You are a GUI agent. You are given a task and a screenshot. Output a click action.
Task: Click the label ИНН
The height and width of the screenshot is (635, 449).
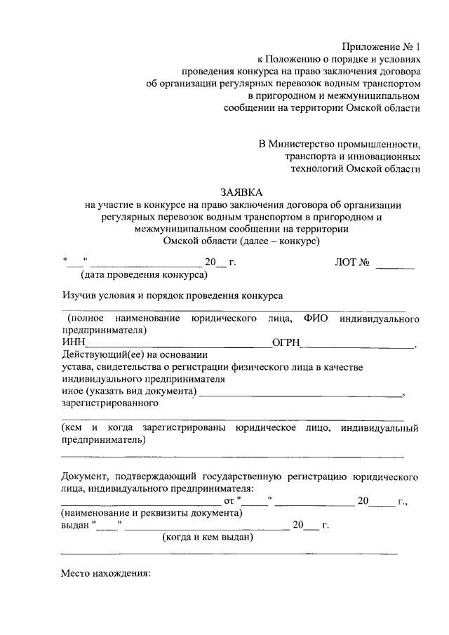coord(72,342)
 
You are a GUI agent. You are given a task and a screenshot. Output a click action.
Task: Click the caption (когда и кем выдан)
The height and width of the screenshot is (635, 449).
coord(208,537)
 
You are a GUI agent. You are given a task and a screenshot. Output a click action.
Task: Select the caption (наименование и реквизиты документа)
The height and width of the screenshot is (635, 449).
coord(152,513)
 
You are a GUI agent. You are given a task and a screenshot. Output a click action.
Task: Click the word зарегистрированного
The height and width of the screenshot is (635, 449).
coord(109,403)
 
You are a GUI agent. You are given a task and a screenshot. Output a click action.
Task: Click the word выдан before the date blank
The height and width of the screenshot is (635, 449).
coord(75,525)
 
